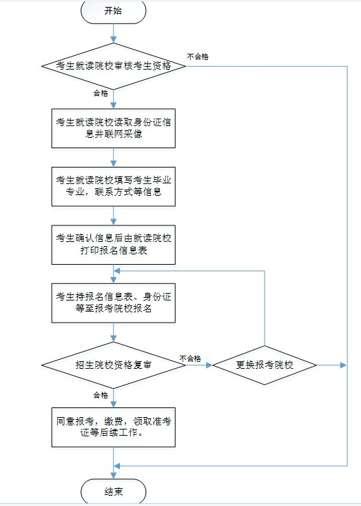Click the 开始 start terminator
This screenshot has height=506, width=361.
point(113,12)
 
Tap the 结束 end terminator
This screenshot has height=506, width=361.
point(113,491)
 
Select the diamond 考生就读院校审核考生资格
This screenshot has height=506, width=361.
point(114,66)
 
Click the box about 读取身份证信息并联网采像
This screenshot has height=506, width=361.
point(114,128)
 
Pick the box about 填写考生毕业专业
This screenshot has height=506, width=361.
point(114,187)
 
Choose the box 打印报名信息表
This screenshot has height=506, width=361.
point(114,245)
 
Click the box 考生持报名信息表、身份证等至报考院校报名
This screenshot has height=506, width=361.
point(114,303)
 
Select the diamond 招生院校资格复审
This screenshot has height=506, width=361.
point(114,365)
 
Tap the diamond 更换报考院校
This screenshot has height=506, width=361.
point(265,365)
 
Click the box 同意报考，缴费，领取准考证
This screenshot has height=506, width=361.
point(114,427)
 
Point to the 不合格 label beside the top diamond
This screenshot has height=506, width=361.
point(198,57)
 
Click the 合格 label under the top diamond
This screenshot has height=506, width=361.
point(101,93)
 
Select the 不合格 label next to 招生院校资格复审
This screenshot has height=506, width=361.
point(190,358)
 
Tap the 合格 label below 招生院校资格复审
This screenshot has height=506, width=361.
point(101,395)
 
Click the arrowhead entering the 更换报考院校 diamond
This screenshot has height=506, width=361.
point(209,365)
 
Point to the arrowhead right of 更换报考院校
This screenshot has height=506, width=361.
point(343,365)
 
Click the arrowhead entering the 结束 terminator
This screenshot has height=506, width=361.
point(114,476)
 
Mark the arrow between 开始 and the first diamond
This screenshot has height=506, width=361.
point(114,33)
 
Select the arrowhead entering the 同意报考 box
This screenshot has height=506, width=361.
point(114,404)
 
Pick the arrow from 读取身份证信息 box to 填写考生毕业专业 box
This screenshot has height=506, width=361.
point(114,157)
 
